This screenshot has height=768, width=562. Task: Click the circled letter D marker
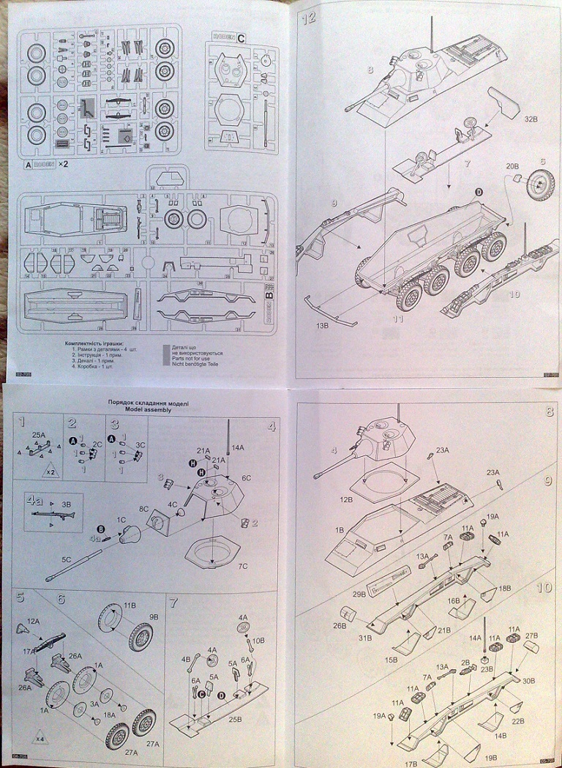(479, 192)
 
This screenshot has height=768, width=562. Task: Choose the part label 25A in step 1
(39, 436)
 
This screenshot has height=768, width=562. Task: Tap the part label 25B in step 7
(236, 717)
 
